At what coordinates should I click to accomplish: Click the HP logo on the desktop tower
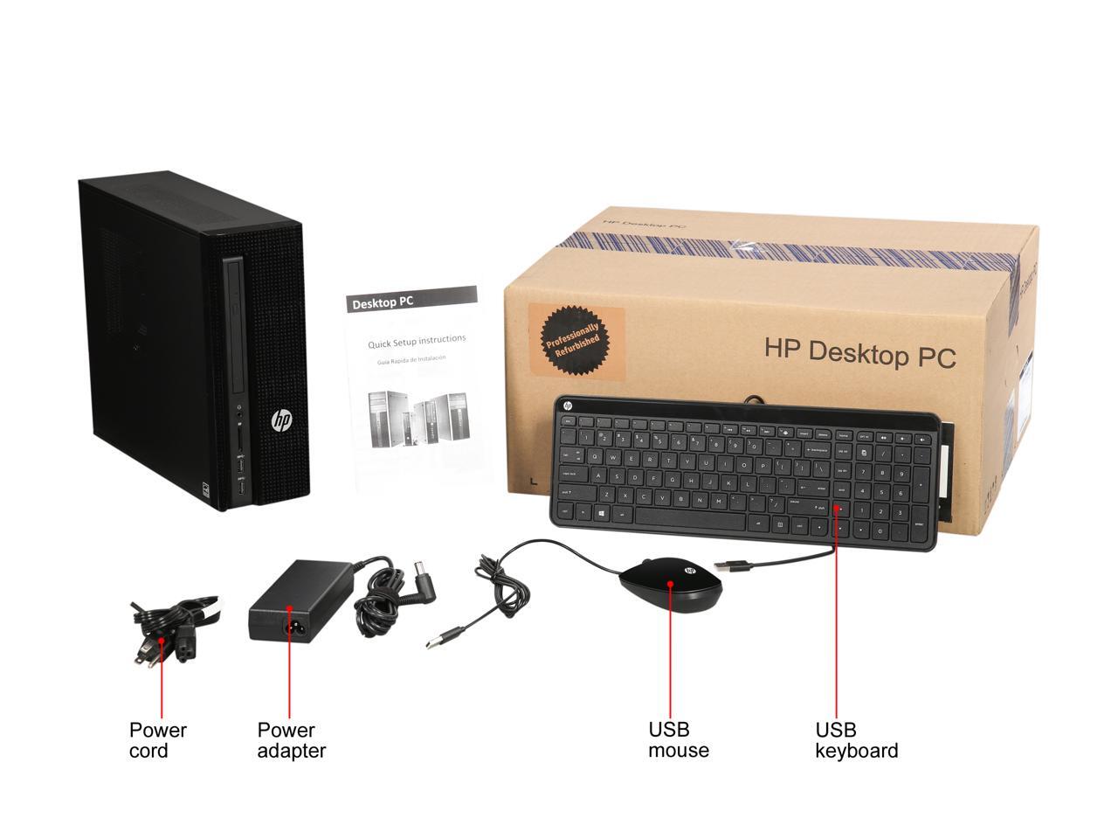click(x=281, y=421)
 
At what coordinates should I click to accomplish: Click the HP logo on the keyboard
click(x=567, y=406)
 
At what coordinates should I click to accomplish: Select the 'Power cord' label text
click(x=157, y=740)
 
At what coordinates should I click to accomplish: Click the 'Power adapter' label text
click(x=291, y=740)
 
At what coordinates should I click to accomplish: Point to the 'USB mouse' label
click(x=678, y=740)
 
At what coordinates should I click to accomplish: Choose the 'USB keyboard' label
click(x=856, y=740)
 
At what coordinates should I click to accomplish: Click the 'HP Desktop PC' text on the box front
click(x=859, y=352)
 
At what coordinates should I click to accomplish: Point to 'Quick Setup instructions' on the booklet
click(x=417, y=341)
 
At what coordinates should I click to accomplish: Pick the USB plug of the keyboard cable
click(x=733, y=566)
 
